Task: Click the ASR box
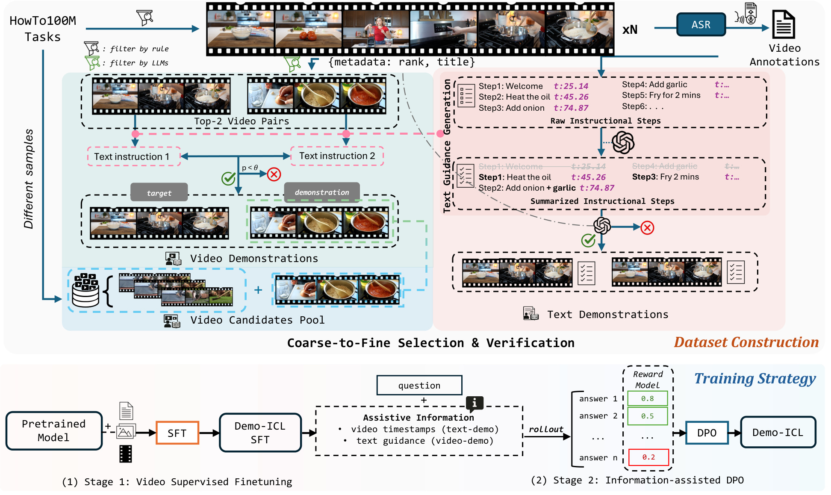click(701, 25)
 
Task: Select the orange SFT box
click(177, 433)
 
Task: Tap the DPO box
click(707, 433)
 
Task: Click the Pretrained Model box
click(54, 430)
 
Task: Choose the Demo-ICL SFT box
click(260, 433)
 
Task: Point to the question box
click(419, 386)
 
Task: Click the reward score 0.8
click(647, 398)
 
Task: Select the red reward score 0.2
click(648, 457)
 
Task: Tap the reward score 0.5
click(647, 416)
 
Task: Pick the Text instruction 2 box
click(337, 156)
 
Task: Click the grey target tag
click(159, 193)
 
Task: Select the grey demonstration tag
click(322, 192)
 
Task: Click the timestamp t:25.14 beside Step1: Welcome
click(571, 86)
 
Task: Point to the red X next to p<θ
click(274, 174)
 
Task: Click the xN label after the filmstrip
click(630, 29)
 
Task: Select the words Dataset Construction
click(746, 342)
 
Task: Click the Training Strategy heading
click(754, 379)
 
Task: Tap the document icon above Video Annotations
click(784, 25)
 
